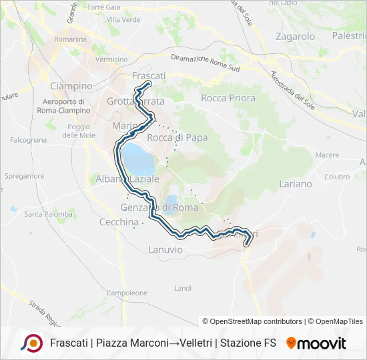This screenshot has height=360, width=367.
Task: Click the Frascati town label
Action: pyautogui.click(x=149, y=76)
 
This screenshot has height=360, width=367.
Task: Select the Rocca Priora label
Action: pyautogui.click(x=228, y=98)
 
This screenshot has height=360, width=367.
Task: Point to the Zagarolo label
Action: pyautogui.click(x=295, y=37)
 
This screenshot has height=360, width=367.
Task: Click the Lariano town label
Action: pyautogui.click(x=296, y=183)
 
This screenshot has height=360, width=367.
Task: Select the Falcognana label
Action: pyautogui.click(x=28, y=140)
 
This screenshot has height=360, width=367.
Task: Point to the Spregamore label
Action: pyautogui.click(x=24, y=177)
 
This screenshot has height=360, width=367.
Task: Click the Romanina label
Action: pyautogui.click(x=71, y=39)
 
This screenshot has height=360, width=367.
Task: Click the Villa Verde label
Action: pyautogui.click(x=123, y=20)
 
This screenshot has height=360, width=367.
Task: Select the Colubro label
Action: pyautogui.click(x=338, y=177)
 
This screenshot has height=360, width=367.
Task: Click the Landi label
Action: pyautogui.click(x=182, y=288)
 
